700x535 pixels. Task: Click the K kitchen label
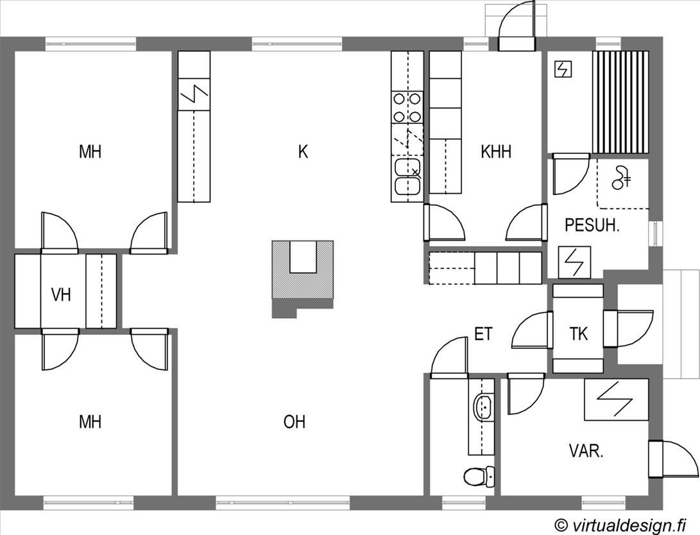tap(303, 151)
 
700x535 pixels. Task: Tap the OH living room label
tap(295, 421)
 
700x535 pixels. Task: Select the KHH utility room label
tap(496, 151)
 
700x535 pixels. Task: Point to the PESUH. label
tap(592, 225)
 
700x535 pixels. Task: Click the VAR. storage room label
tap(586, 451)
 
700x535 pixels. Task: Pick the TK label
tap(579, 334)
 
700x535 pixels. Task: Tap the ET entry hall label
tap(483, 334)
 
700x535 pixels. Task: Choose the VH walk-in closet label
tap(61, 294)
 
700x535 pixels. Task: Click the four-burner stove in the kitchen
tap(407, 108)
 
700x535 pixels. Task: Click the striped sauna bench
tap(620, 102)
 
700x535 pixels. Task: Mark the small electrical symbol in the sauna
tap(563, 69)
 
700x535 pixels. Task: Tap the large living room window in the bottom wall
tap(283, 503)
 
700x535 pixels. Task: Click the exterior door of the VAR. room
tap(673, 459)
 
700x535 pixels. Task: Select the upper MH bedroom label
tap(90, 151)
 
